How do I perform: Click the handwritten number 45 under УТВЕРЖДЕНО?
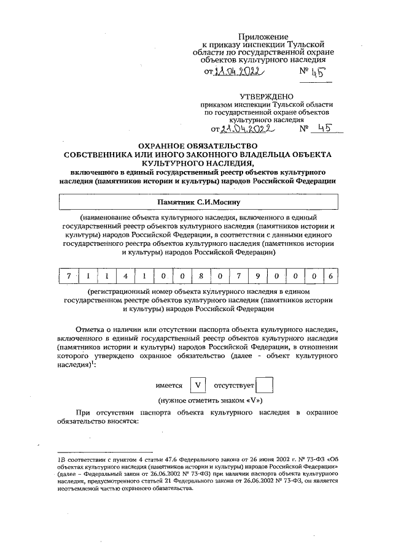(323, 129)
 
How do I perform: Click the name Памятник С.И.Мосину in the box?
(197, 201)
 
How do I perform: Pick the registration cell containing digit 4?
(125, 277)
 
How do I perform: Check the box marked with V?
(198, 386)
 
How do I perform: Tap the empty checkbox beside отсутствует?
(264, 386)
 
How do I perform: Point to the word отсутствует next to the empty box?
(233, 386)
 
